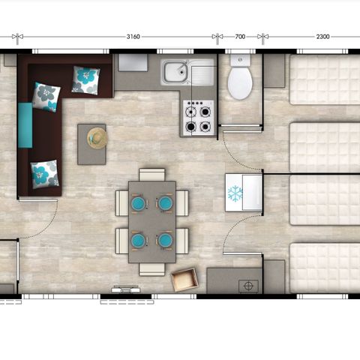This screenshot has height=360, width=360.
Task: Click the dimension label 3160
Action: pyautogui.click(x=133, y=37)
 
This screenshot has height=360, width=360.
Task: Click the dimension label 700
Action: pyautogui.click(x=240, y=37)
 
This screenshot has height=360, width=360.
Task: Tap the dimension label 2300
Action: pyautogui.click(x=322, y=37)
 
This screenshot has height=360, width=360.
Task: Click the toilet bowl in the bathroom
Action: pyautogui.click(x=240, y=83)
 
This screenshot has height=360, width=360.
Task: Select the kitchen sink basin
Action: pyautogui.click(x=175, y=73)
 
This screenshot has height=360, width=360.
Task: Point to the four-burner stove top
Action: pyautogui.click(x=199, y=118)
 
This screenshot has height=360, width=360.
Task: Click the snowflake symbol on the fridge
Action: pyautogui.click(x=235, y=193)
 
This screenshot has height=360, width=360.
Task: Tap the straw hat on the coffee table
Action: pyautogui.click(x=97, y=138)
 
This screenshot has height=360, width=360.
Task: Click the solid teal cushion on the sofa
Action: pyautogui.click(x=25, y=125)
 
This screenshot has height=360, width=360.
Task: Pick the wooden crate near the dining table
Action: pyautogui.click(x=184, y=280)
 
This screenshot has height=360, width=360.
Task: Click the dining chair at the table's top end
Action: pyautogui.click(x=152, y=175)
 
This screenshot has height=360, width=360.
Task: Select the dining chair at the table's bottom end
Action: pyautogui.click(x=152, y=269)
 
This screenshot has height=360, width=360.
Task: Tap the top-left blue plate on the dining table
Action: pyautogui.click(x=139, y=203)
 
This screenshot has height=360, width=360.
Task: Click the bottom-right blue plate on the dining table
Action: pyautogui.click(x=165, y=240)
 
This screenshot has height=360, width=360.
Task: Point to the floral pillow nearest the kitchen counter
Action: pyautogui.click(x=85, y=80)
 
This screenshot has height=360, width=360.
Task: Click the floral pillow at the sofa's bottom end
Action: pyautogui.click(x=45, y=174)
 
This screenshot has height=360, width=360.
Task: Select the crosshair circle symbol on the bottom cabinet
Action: pyautogui.click(x=248, y=286)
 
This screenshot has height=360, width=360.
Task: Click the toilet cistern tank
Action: pyautogui.click(x=240, y=60)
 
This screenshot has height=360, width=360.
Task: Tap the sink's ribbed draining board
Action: pyautogui.click(x=202, y=75)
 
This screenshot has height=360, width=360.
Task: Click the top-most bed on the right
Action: pyautogui.click(x=325, y=79)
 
